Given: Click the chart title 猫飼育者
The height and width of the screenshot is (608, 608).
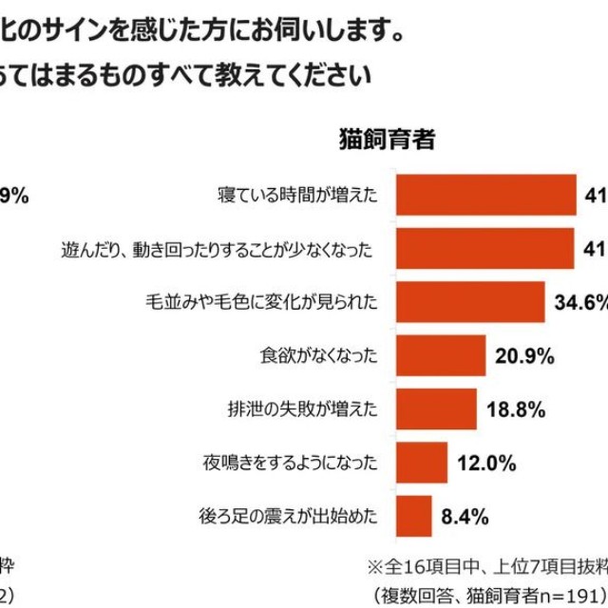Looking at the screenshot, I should click(x=387, y=140).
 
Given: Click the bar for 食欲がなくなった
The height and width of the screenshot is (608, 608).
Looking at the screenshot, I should click(x=441, y=356).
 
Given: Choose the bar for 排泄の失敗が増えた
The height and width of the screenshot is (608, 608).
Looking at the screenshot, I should click(x=436, y=409).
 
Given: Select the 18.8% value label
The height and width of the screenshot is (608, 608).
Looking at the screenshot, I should click(x=513, y=410).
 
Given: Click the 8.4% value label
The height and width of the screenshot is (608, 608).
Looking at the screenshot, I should click(x=465, y=517).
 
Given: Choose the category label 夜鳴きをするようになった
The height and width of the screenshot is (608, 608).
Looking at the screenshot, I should click(x=290, y=464).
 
